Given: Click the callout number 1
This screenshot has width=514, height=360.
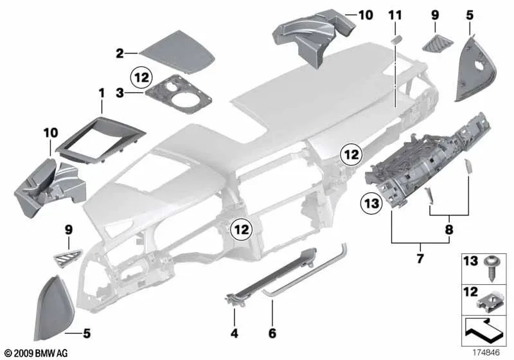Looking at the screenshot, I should click(x=101, y=94).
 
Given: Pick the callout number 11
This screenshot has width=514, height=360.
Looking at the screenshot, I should click(x=394, y=14).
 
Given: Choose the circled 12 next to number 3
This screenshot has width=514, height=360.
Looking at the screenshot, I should click(x=141, y=78).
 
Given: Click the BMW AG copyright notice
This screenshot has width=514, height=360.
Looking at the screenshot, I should click(x=35, y=354).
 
